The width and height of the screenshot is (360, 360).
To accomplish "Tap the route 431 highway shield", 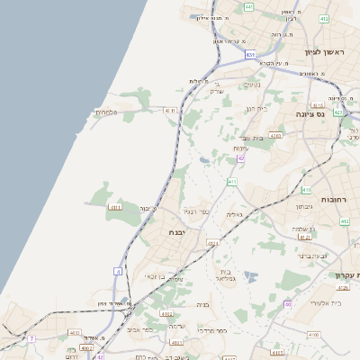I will (250, 55).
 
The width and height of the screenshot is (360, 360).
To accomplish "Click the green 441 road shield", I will (248, 7).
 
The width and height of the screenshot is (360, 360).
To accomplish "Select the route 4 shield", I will (117, 270).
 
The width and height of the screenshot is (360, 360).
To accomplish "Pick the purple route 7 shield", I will (31, 338).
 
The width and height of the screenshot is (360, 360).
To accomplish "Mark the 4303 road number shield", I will (275, 135).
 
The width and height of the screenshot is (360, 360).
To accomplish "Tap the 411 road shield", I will (232, 182).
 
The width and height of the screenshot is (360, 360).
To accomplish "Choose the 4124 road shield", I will (213, 243).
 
